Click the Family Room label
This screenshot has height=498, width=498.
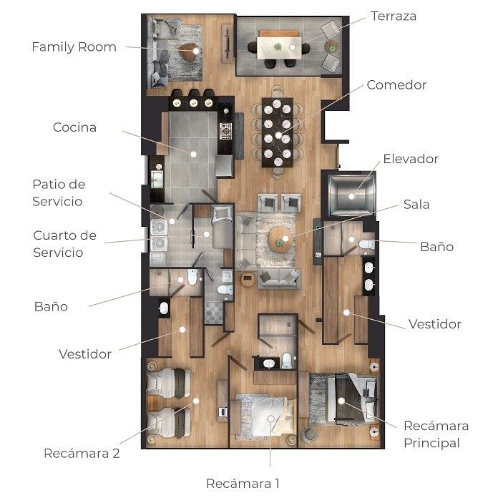[x=74, y=47]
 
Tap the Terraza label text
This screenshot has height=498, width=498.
[x=394, y=16]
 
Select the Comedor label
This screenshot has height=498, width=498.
[x=396, y=85]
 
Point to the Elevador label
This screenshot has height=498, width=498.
[x=411, y=159]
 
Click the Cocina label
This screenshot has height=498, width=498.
[x=74, y=127]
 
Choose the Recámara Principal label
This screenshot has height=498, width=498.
[x=436, y=434]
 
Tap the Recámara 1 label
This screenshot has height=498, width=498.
[x=243, y=484]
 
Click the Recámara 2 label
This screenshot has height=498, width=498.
[x=82, y=453]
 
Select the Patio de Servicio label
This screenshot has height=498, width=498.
[x=59, y=192]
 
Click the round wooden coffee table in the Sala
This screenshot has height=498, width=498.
[x=280, y=240]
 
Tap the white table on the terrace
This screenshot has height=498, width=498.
[x=279, y=48]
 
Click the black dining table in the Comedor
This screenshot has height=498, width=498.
[x=278, y=132]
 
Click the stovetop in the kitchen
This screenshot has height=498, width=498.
[x=225, y=131]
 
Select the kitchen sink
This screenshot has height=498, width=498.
[x=157, y=179]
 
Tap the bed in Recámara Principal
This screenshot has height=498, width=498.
[x=353, y=399]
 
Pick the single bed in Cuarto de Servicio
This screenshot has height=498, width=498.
[x=223, y=227]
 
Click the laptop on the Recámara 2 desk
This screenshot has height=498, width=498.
[x=223, y=412]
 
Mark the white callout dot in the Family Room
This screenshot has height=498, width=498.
[x=196, y=51]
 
